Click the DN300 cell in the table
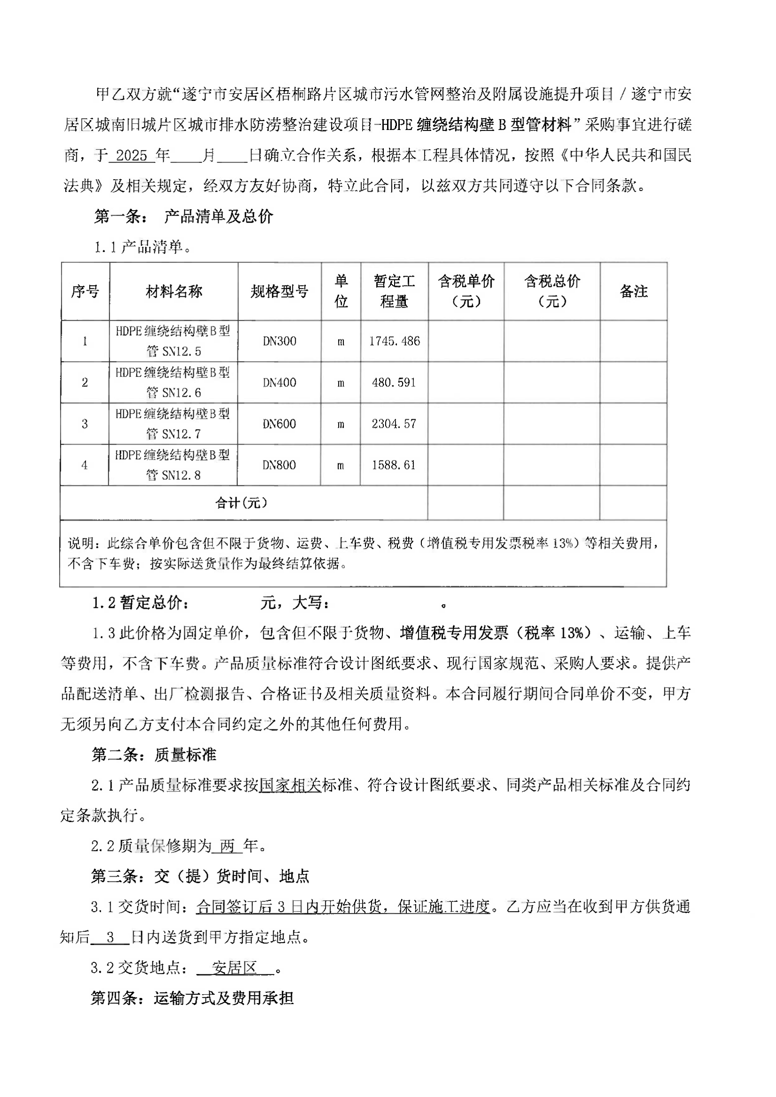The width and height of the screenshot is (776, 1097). click(280, 341)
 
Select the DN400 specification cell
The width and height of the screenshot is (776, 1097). click(280, 383)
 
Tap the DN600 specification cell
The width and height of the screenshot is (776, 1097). click(280, 424)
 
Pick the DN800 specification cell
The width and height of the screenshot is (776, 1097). click(279, 465)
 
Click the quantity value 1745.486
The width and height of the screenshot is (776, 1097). click(394, 341)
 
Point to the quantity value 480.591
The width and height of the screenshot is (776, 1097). click(394, 383)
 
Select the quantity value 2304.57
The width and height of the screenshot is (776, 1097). click(394, 424)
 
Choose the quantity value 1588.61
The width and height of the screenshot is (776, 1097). click(394, 465)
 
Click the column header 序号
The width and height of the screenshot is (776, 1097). click(85, 291)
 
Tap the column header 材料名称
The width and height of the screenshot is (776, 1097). click(174, 291)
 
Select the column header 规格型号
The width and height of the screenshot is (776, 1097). click(280, 291)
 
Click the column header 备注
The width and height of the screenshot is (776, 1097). click(633, 291)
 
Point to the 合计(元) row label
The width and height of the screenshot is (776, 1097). click(241, 503)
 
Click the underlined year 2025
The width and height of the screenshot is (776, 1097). click(131, 156)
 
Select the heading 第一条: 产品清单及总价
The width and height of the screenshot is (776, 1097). click(183, 217)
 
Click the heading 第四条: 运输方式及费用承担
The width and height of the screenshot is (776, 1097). click(192, 999)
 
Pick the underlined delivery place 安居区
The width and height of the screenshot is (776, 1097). click(235, 968)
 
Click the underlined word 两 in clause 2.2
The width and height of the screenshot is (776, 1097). click(228, 847)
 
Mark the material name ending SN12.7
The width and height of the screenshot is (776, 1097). click(173, 424)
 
